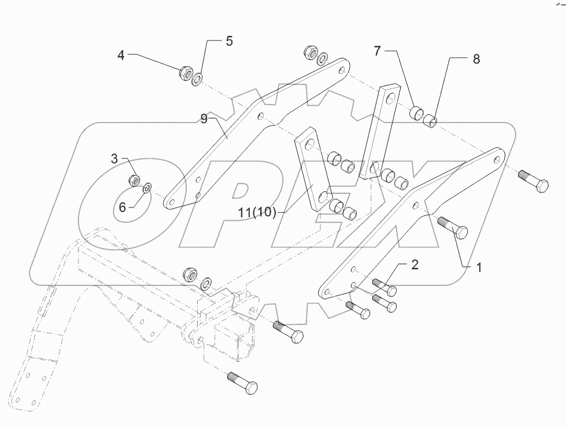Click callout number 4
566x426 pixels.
click(121, 56)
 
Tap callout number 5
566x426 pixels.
click(229, 42)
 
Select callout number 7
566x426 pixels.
click(377, 51)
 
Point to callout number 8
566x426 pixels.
click(476, 59)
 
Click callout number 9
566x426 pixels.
click(204, 119)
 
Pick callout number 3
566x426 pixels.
click(114, 158)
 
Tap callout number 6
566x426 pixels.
click(122, 207)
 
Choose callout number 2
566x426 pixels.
click(415, 265)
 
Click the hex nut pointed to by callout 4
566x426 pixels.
click(186, 73)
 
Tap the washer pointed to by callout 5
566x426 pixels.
click(197, 78)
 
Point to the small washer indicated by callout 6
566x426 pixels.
click(147, 187)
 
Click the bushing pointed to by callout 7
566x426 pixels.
click(416, 112)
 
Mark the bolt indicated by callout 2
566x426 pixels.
click(384, 287)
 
